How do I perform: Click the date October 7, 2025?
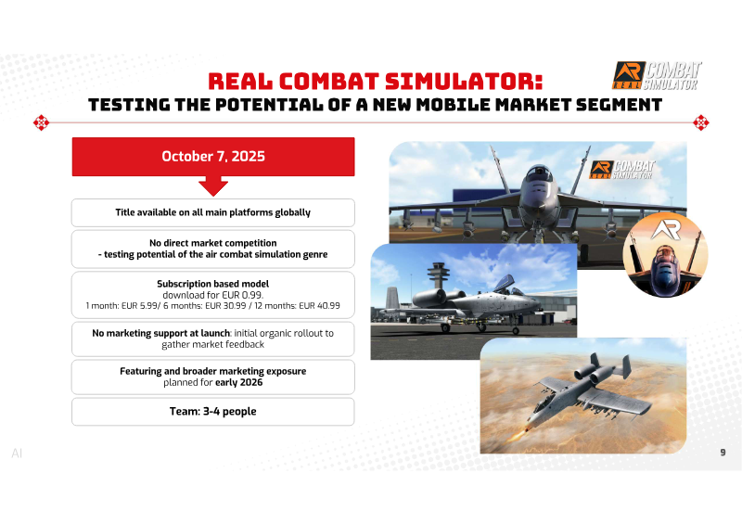(213, 156)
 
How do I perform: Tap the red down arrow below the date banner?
(213, 185)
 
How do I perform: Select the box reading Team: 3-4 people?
(213, 412)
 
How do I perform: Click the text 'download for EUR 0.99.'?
(213, 295)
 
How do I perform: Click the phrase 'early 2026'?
(239, 382)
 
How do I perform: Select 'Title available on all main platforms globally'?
(213, 212)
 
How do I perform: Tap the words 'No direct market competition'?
(213, 243)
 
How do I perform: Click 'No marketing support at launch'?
(160, 333)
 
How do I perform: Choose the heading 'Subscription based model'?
(213, 284)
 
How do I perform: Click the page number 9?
(723, 453)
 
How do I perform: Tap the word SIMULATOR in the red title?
(463, 82)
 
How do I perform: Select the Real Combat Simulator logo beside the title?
(657, 76)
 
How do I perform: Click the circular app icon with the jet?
(665, 256)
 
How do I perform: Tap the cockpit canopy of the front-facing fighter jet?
(539, 173)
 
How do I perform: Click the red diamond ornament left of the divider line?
(41, 122)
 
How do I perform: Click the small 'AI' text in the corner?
(17, 454)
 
